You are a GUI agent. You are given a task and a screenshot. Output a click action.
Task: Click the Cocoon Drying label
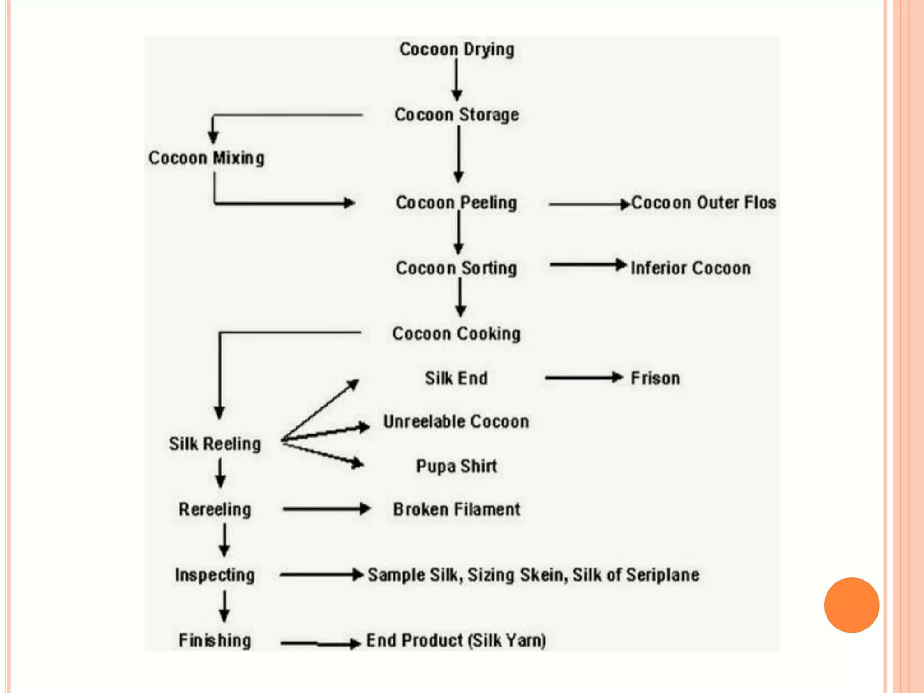[457, 50]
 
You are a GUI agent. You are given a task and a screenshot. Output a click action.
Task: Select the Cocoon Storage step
[457, 115]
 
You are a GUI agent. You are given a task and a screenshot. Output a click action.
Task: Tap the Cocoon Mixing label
[207, 158]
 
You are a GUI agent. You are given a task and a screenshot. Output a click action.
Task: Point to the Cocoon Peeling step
[456, 203]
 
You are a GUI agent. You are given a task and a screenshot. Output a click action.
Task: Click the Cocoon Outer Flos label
[703, 203]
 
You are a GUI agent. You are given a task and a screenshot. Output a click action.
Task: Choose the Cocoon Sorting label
[456, 268]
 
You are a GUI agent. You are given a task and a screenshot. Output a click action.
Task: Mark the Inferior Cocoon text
[691, 268]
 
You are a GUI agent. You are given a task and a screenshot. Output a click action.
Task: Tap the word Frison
[655, 379]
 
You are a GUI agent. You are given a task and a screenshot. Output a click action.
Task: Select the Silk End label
[456, 379]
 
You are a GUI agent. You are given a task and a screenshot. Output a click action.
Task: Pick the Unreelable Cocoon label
[456, 422]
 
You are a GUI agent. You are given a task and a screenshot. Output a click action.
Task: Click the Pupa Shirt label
[456, 466]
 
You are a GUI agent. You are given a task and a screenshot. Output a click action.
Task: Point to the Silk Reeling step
[215, 444]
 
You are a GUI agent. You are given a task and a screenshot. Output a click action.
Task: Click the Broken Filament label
[456, 510]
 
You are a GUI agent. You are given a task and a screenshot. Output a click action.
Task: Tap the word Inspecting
[215, 575]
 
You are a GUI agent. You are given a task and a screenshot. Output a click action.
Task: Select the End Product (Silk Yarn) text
[456, 641]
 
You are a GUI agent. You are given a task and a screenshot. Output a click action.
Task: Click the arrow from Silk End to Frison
[584, 378]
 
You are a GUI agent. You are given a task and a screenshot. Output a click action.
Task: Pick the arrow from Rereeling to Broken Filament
[326, 509]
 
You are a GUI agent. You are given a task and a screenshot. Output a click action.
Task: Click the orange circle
[851, 605]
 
